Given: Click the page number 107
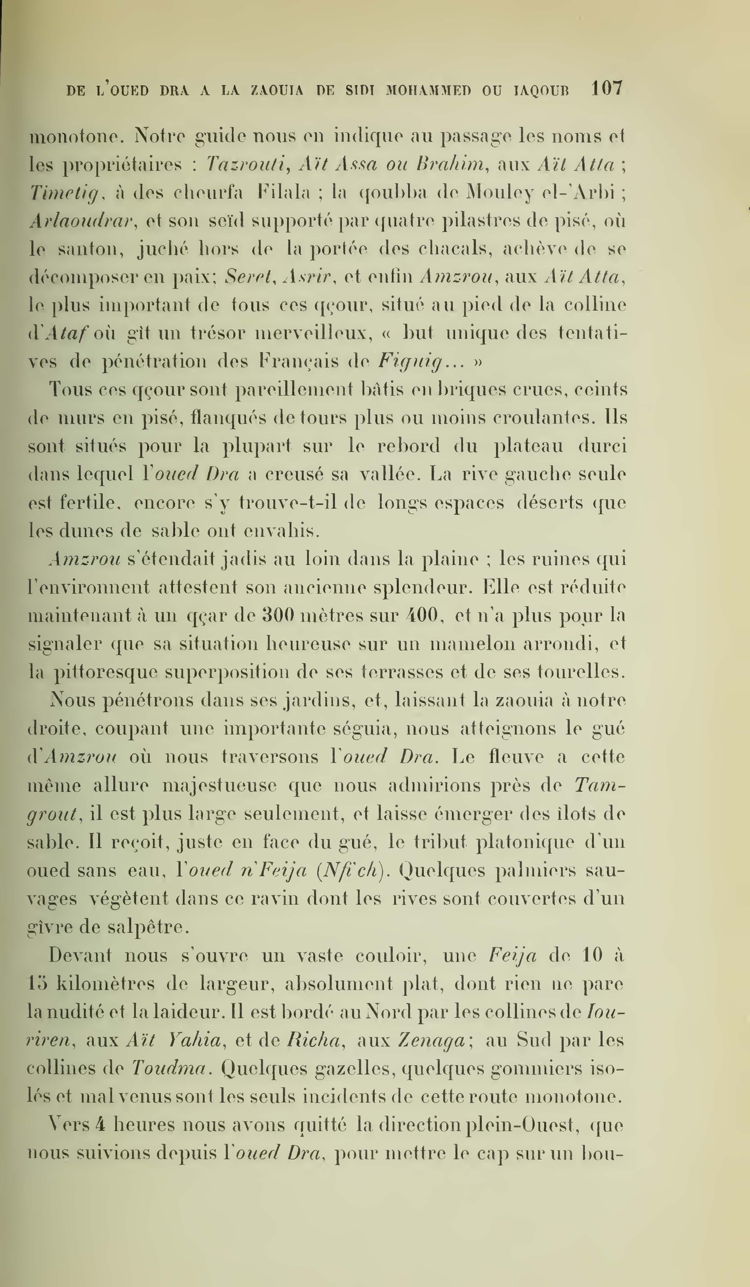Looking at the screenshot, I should (x=607, y=89).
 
